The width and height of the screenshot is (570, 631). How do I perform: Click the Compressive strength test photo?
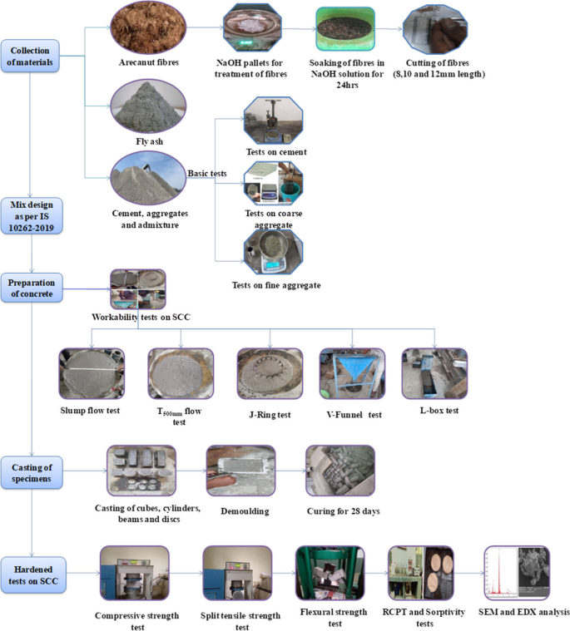(134, 573)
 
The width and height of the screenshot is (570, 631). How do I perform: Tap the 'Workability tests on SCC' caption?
(139, 317)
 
